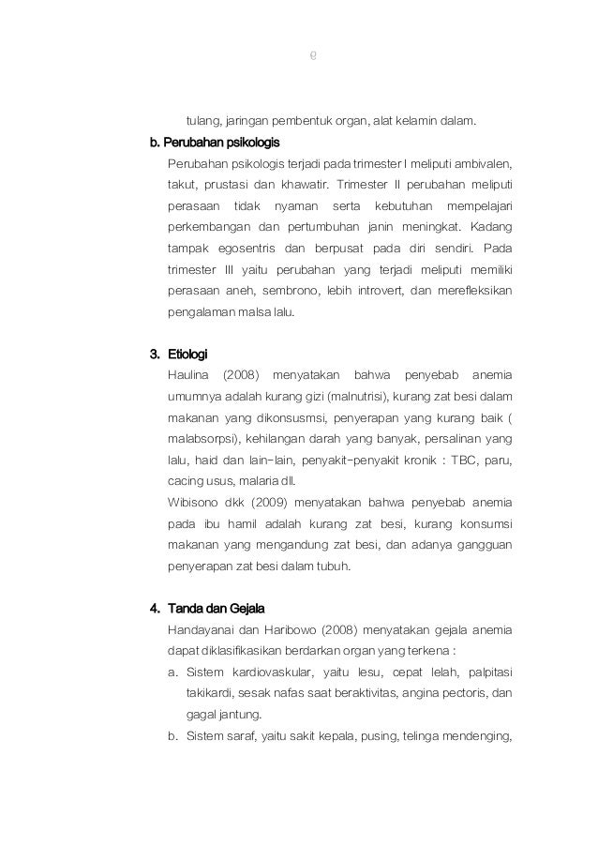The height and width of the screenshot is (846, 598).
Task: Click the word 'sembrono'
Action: pyautogui.click(x=295, y=292)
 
